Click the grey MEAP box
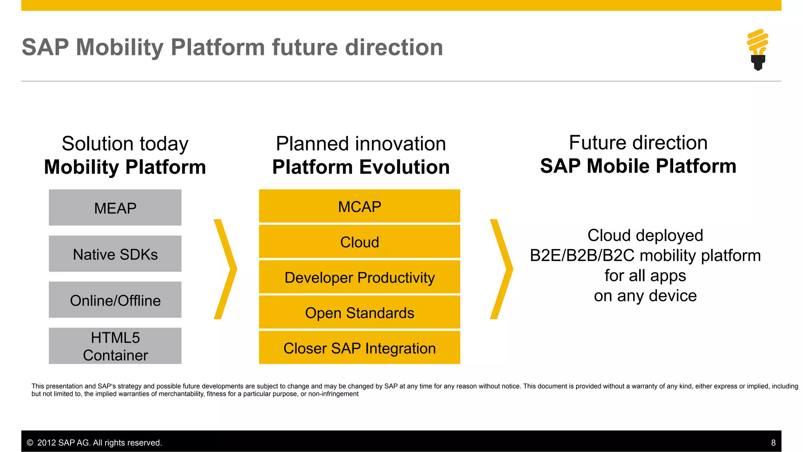click(115, 208)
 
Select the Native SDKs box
click(115, 254)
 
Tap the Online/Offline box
click(115, 300)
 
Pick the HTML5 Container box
click(115, 346)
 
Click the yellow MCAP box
click(359, 206)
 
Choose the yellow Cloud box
click(359, 242)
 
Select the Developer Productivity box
click(359, 277)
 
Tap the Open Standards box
click(359, 312)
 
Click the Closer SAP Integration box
click(359, 348)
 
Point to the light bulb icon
click(758, 49)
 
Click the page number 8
click(773, 443)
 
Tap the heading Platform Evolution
click(361, 167)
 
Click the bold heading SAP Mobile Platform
click(638, 166)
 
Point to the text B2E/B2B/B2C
click(582, 255)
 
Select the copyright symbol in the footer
click(30, 443)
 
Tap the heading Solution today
click(125, 144)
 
